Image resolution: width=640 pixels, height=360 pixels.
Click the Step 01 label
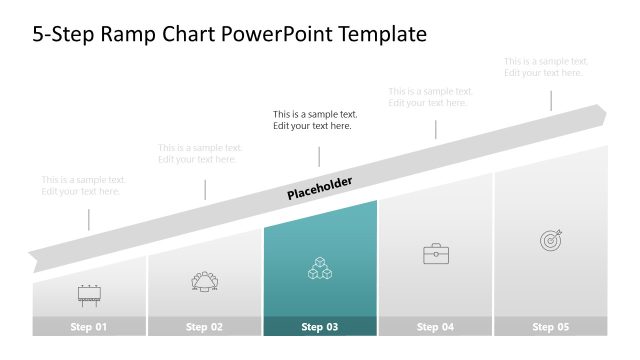[88, 327]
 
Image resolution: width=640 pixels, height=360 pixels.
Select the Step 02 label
[204, 327]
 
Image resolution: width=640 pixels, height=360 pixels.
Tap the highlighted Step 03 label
[320, 327]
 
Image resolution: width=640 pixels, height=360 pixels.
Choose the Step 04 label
[436, 327]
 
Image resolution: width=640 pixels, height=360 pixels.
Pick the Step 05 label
[551, 327]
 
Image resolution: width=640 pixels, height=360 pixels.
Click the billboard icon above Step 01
[88, 294]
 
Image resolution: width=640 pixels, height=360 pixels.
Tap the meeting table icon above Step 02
[204, 281]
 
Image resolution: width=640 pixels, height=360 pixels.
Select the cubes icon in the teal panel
[320, 268]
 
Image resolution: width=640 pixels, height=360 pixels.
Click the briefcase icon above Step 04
[436, 254]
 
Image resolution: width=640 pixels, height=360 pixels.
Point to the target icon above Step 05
[551, 240]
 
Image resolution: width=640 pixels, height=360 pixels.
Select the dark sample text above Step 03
[315, 120]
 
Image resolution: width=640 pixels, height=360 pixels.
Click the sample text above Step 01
[84, 186]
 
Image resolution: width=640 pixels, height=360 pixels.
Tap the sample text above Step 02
[200, 154]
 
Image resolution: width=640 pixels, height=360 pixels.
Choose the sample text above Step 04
[431, 97]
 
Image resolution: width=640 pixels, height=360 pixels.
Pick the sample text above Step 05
[546, 67]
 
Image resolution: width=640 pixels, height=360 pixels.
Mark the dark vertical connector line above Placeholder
[320, 157]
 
